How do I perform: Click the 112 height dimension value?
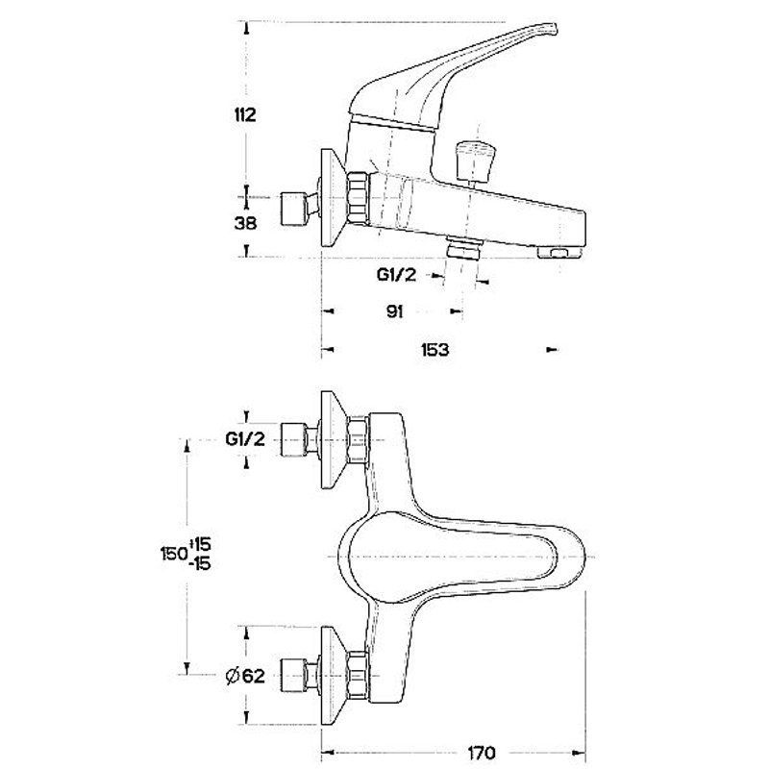pyautogui.click(x=246, y=115)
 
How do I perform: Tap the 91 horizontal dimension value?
pyautogui.click(x=394, y=311)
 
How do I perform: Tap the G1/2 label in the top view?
pyautogui.click(x=245, y=440)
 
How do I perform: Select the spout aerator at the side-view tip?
pyautogui.click(x=559, y=252)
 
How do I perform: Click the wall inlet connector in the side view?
pyautogui.click(x=292, y=206)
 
